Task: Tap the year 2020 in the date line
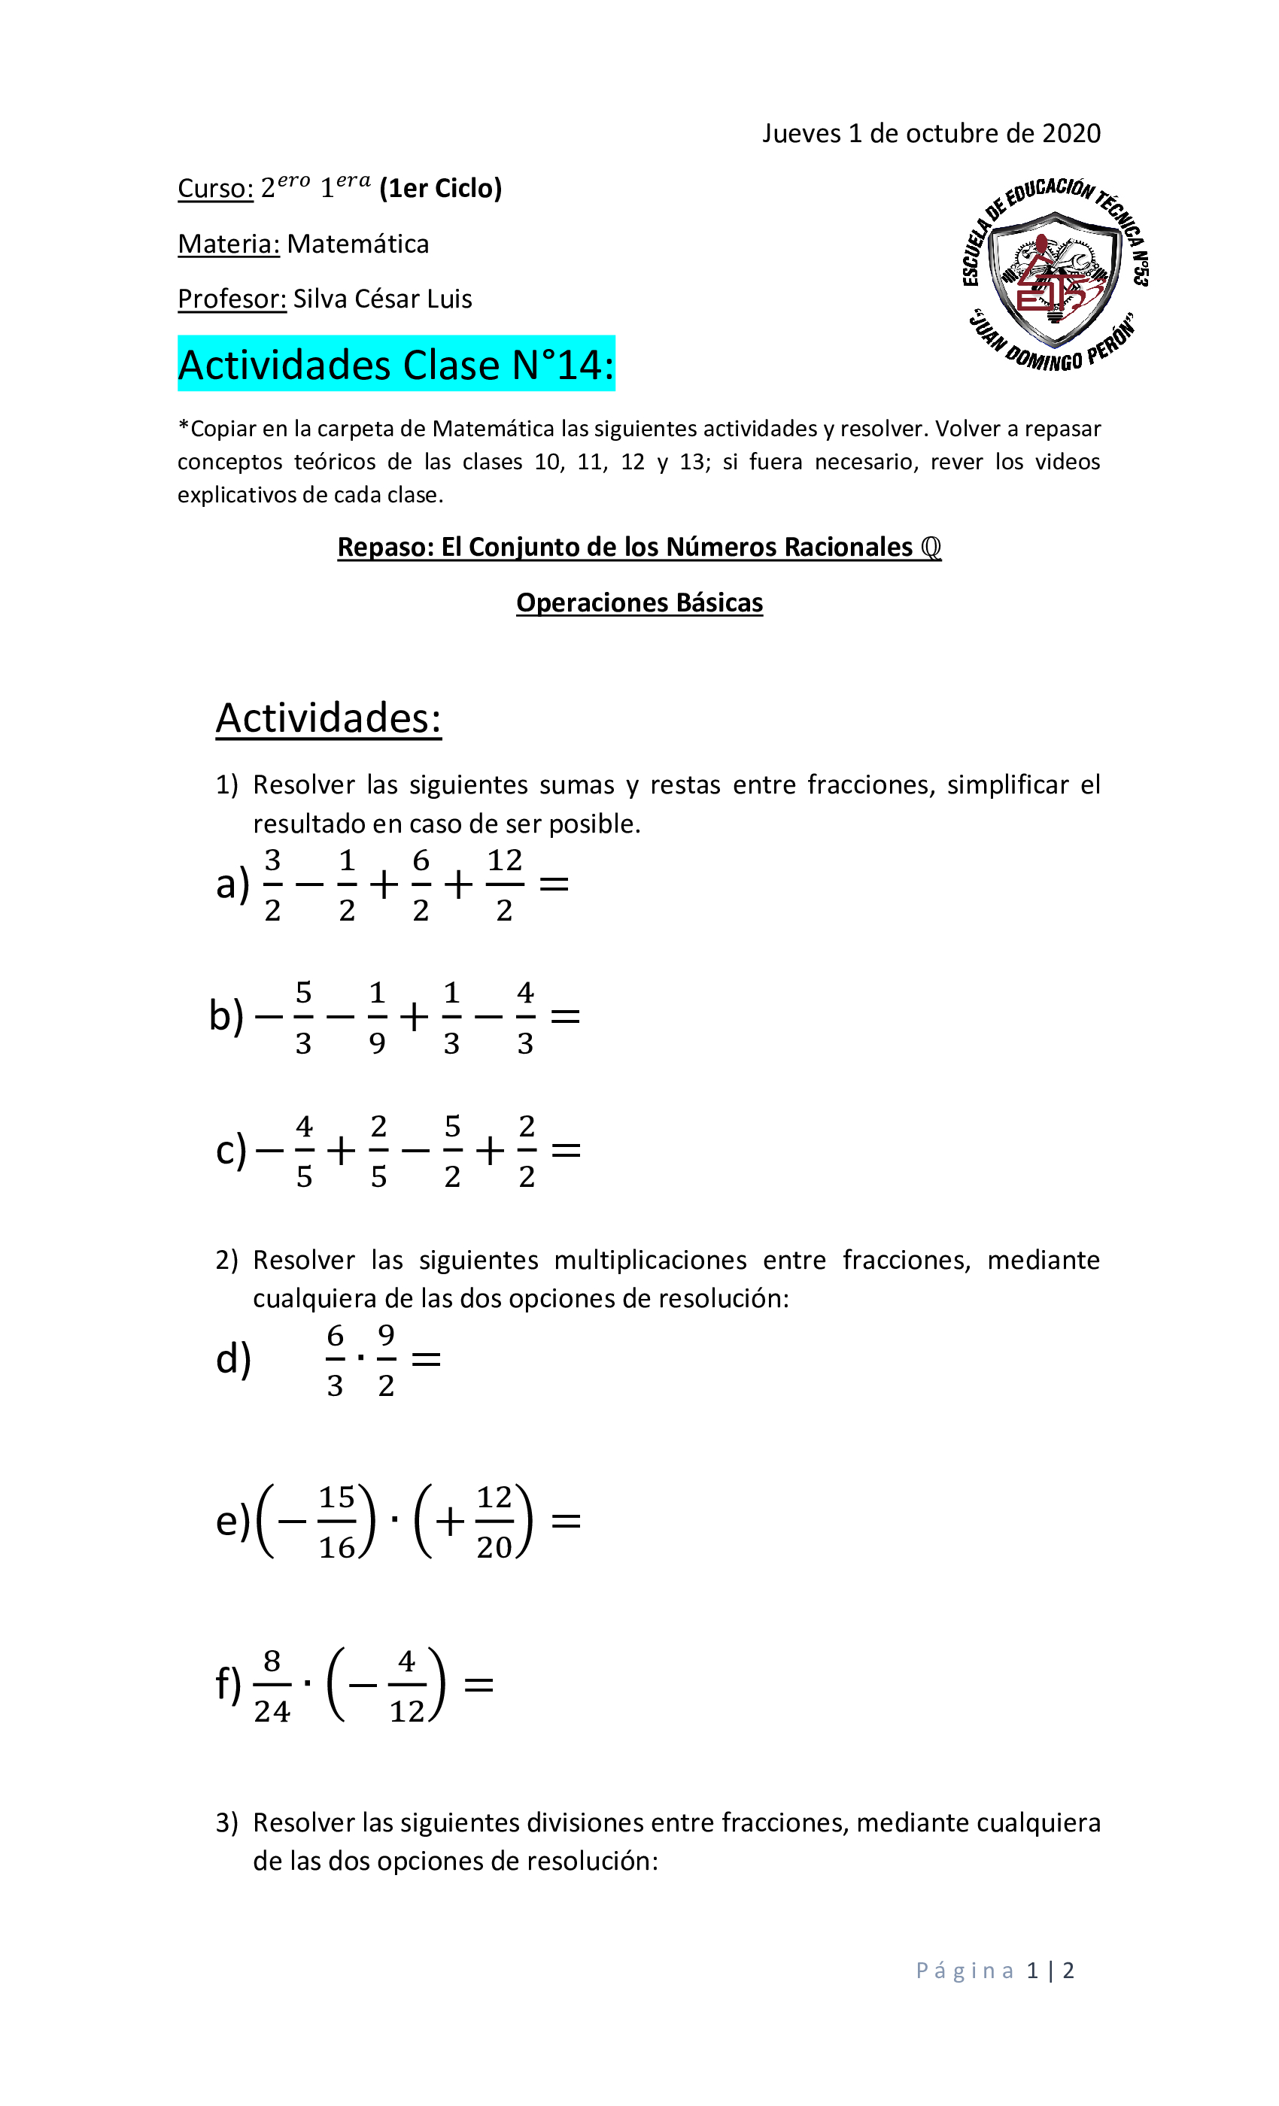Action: click(1071, 133)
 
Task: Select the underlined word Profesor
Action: click(232, 299)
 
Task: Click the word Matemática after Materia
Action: click(357, 244)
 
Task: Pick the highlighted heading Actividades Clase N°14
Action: click(396, 365)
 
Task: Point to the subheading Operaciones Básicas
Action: click(639, 602)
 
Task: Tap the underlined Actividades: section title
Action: click(328, 718)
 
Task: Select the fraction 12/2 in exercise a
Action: click(504, 885)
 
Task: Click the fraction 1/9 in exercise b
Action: click(377, 1017)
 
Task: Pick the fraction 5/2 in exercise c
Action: click(452, 1152)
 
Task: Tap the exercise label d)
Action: click(233, 1359)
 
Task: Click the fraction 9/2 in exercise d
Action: click(387, 1360)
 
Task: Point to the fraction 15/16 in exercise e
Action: click(337, 1522)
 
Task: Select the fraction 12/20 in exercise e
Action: click(494, 1522)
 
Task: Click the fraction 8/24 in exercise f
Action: click(272, 1686)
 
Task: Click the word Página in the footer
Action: click(965, 1971)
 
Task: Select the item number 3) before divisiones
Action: click(226, 1823)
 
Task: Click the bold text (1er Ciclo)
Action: click(440, 189)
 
